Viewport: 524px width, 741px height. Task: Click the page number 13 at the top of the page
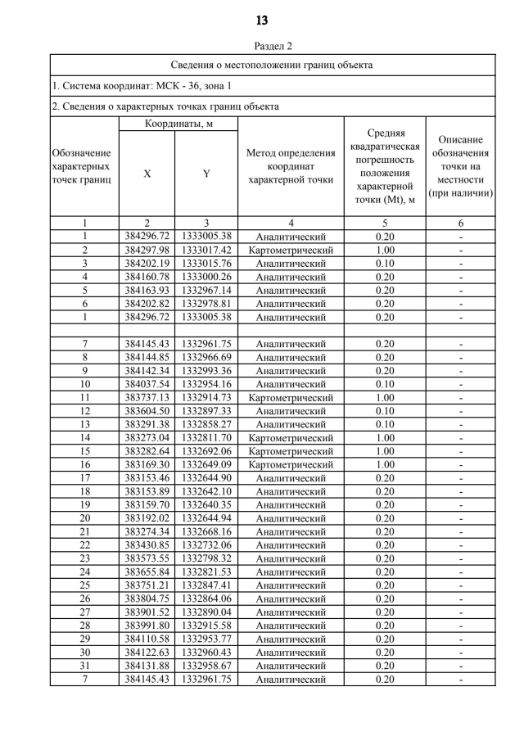click(261, 20)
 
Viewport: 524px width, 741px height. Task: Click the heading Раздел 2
click(261, 47)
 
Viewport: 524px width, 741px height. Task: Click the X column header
click(147, 174)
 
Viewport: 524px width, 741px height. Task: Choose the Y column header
click(206, 174)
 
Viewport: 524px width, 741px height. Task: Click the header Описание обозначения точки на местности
click(463, 167)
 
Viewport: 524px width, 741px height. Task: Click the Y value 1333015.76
click(206, 264)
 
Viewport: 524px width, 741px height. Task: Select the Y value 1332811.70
click(206, 437)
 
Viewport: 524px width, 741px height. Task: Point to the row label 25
click(84, 585)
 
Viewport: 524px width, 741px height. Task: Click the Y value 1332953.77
click(206, 639)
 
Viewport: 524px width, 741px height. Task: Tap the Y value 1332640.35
click(206, 504)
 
